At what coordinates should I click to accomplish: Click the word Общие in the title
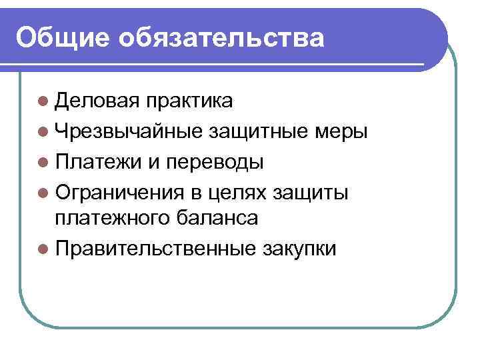click(62, 37)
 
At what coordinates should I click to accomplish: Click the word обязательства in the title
click(222, 37)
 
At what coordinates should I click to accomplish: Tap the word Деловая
click(99, 101)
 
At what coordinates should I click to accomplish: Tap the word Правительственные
click(155, 249)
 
